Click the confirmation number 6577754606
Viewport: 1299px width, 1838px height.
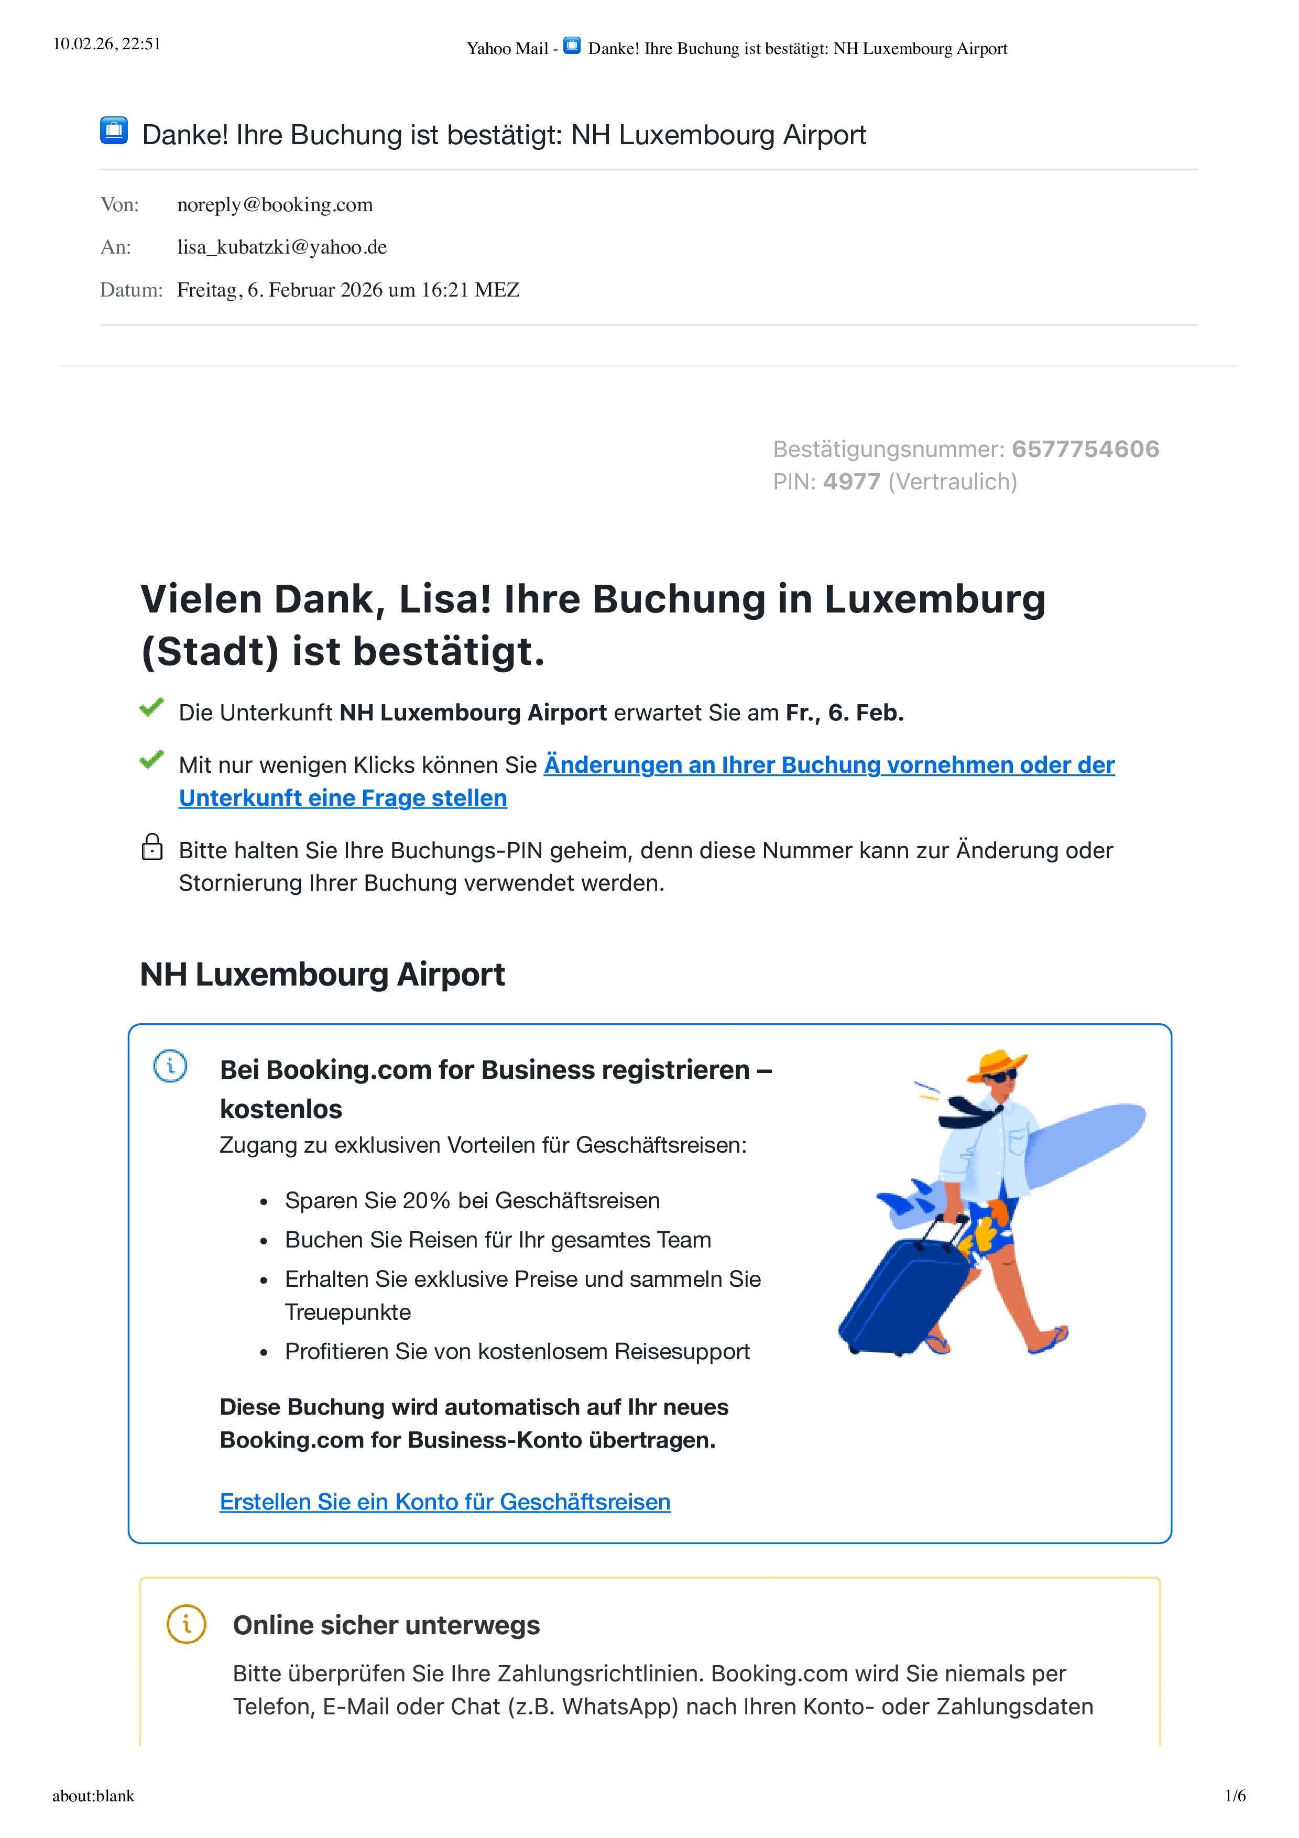pyautogui.click(x=1085, y=449)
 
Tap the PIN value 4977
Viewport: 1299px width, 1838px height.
pyautogui.click(x=852, y=482)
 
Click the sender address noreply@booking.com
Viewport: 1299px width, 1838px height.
pyautogui.click(x=275, y=205)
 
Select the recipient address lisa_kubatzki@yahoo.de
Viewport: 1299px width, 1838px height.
pyautogui.click(x=282, y=247)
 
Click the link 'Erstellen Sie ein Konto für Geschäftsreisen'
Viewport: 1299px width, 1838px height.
pyautogui.click(x=445, y=1502)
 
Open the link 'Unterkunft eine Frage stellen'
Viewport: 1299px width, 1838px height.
pyautogui.click(x=343, y=798)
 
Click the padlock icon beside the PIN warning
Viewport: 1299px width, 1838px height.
pyautogui.click(x=152, y=847)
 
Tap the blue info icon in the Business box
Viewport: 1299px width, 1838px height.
pyautogui.click(x=170, y=1066)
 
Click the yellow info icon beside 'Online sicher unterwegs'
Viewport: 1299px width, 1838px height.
pyautogui.click(x=187, y=1624)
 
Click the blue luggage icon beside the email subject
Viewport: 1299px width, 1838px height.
pyautogui.click(x=114, y=130)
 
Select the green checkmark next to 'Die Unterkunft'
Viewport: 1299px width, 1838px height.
pyautogui.click(x=151, y=708)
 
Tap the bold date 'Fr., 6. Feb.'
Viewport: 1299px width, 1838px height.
pyautogui.click(x=844, y=713)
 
